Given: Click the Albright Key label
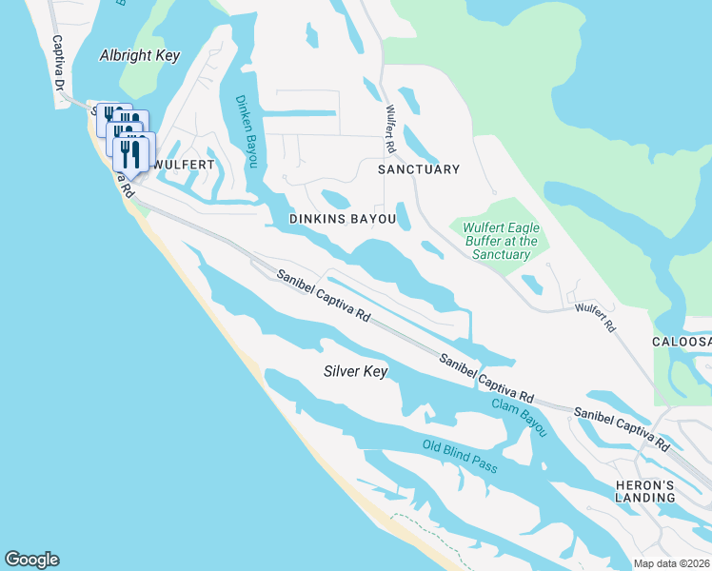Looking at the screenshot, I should coord(139,55).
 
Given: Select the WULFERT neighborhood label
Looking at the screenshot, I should coord(184,165).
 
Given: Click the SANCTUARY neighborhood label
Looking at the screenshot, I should coord(418,169).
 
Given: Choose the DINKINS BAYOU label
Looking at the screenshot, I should coord(342,219).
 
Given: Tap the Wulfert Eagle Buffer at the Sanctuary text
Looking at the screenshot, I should coord(501,241).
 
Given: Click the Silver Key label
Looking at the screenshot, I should coord(355,371).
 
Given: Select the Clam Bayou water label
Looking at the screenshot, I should coord(520,417).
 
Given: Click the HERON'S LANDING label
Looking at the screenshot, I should coord(644,491).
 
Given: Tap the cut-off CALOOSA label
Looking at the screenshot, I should coord(682,341).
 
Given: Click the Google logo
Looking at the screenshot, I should coord(31,560).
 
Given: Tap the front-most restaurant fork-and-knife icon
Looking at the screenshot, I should coord(131,154).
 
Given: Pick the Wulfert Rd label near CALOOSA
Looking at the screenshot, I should coord(595,317).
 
